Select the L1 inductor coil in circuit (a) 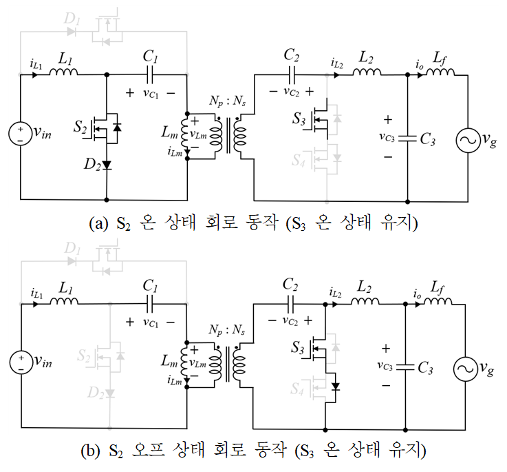65,72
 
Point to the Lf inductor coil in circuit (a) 439,72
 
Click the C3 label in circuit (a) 427,140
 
